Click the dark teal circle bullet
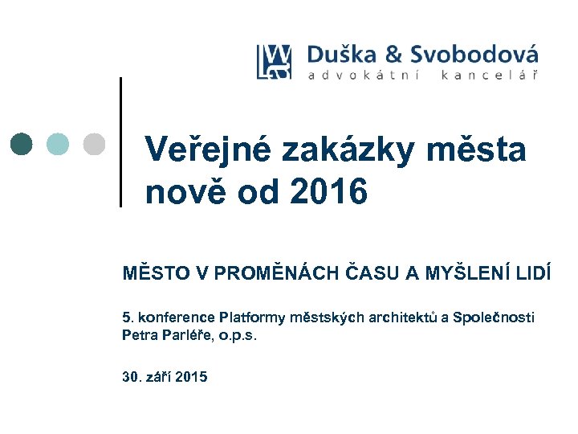pos(22,143)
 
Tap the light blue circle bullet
pos(58,143)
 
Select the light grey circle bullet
pos(94,143)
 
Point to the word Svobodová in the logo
pos(474,55)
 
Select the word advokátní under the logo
pos(360,76)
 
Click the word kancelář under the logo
pos(489,76)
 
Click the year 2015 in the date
pos(189,375)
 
